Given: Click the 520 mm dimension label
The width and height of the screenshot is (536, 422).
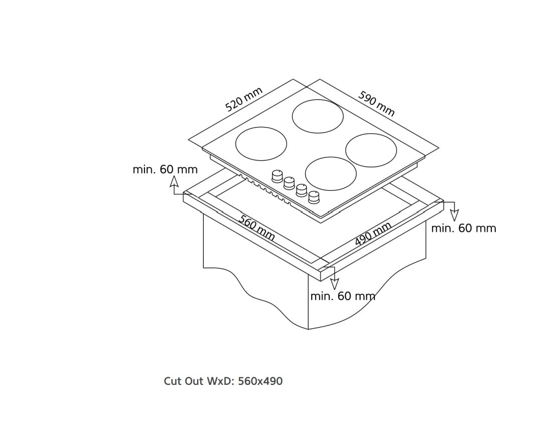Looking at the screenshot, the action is [x=244, y=99].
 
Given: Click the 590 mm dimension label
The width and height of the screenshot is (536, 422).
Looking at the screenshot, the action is [x=376, y=103].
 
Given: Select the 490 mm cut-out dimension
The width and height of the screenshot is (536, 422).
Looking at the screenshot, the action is [x=373, y=234].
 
